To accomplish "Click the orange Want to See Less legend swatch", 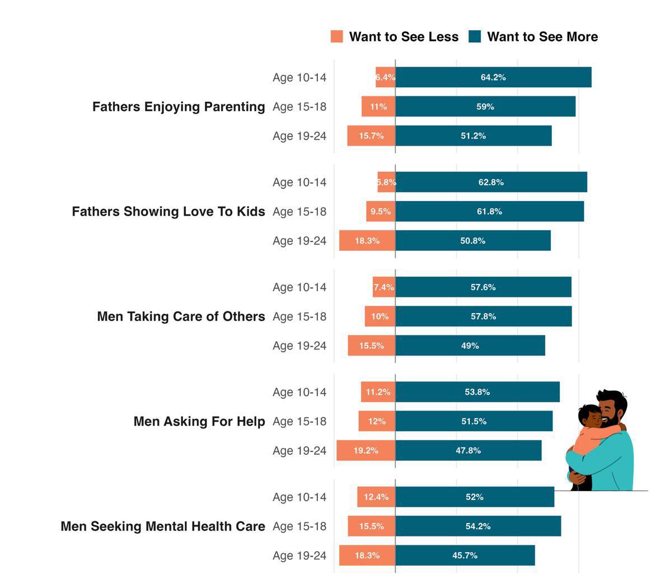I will pyautogui.click(x=336, y=37).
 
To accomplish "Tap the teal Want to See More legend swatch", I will pyautogui.click(x=475, y=37).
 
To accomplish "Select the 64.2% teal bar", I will pyautogui.click(x=493, y=77).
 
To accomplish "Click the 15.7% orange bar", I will pyautogui.click(x=371, y=136).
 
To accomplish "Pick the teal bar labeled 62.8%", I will pyautogui.click(x=491, y=182).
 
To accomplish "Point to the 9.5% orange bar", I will pyautogui.click(x=381, y=212).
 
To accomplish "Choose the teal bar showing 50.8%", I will pyautogui.click(x=472, y=241).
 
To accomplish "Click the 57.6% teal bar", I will pyautogui.click(x=483, y=287).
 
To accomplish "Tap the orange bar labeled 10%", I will pyautogui.click(x=380, y=316).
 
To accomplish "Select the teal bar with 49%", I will pyautogui.click(x=470, y=346).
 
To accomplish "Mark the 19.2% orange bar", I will pyautogui.click(x=366, y=450).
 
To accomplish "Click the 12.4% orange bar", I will pyautogui.click(x=376, y=497).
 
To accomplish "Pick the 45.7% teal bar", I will pyautogui.click(x=465, y=556).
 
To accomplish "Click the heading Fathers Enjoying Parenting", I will pyautogui.click(x=179, y=106).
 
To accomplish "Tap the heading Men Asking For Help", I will pyautogui.click(x=199, y=421).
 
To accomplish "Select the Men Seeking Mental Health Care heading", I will pyautogui.click(x=163, y=526).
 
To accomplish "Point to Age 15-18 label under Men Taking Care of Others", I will pyautogui.click(x=299, y=316).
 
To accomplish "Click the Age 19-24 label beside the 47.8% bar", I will pyautogui.click(x=299, y=450).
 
